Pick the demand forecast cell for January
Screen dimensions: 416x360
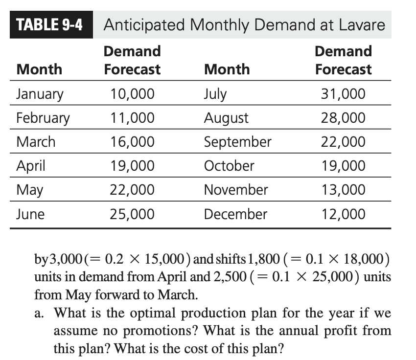pos(132,93)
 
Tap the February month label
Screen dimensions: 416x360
pos(43,118)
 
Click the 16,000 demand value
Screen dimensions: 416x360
pos(132,142)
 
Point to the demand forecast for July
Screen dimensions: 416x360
pos(343,93)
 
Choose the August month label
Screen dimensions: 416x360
pos(226,118)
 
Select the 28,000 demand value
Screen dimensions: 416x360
pos(343,118)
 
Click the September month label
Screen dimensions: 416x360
pos(237,142)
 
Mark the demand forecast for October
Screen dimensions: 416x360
pos(343,166)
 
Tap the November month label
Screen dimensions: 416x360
pos(236,190)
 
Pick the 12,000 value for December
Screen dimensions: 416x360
pos(343,214)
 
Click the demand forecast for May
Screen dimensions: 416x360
pos(132,190)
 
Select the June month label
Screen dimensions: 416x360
pos(30,214)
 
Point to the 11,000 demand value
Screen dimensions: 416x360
pos(132,118)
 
